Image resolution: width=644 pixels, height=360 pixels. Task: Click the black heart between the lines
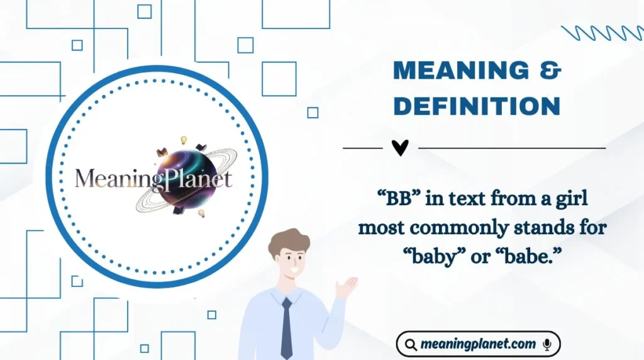point(400,148)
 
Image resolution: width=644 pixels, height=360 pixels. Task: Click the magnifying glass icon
point(411,345)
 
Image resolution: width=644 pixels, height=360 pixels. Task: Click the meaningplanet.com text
point(479,345)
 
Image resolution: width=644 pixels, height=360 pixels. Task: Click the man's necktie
point(286,327)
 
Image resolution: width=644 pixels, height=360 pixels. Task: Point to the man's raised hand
point(345,287)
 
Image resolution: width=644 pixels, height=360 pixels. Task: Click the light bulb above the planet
point(184,140)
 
